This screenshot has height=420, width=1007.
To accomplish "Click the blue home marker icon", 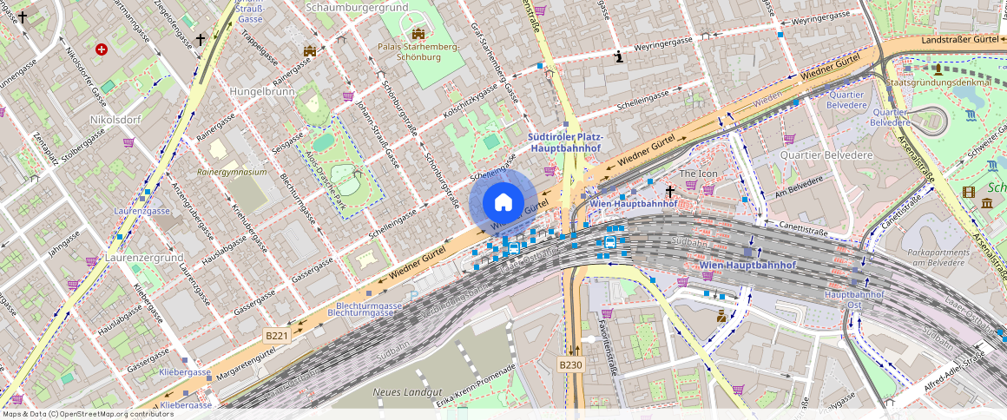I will [503, 202].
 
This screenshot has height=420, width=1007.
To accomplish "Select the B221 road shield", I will [277, 335].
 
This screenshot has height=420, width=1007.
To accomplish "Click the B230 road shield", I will [570, 364].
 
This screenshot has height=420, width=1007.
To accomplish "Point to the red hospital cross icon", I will [102, 50].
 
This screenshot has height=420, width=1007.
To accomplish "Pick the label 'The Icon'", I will [698, 174].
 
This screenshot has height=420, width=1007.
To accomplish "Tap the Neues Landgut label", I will [402, 393].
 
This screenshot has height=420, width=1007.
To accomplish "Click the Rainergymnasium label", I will [232, 172].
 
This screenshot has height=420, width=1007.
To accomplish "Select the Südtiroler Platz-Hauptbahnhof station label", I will [565, 143].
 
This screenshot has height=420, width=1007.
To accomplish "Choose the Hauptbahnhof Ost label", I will [853, 299].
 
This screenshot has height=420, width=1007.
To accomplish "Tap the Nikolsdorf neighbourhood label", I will [115, 118].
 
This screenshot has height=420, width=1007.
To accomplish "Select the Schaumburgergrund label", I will [357, 7].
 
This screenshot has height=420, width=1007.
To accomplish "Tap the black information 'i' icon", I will [618, 57].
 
